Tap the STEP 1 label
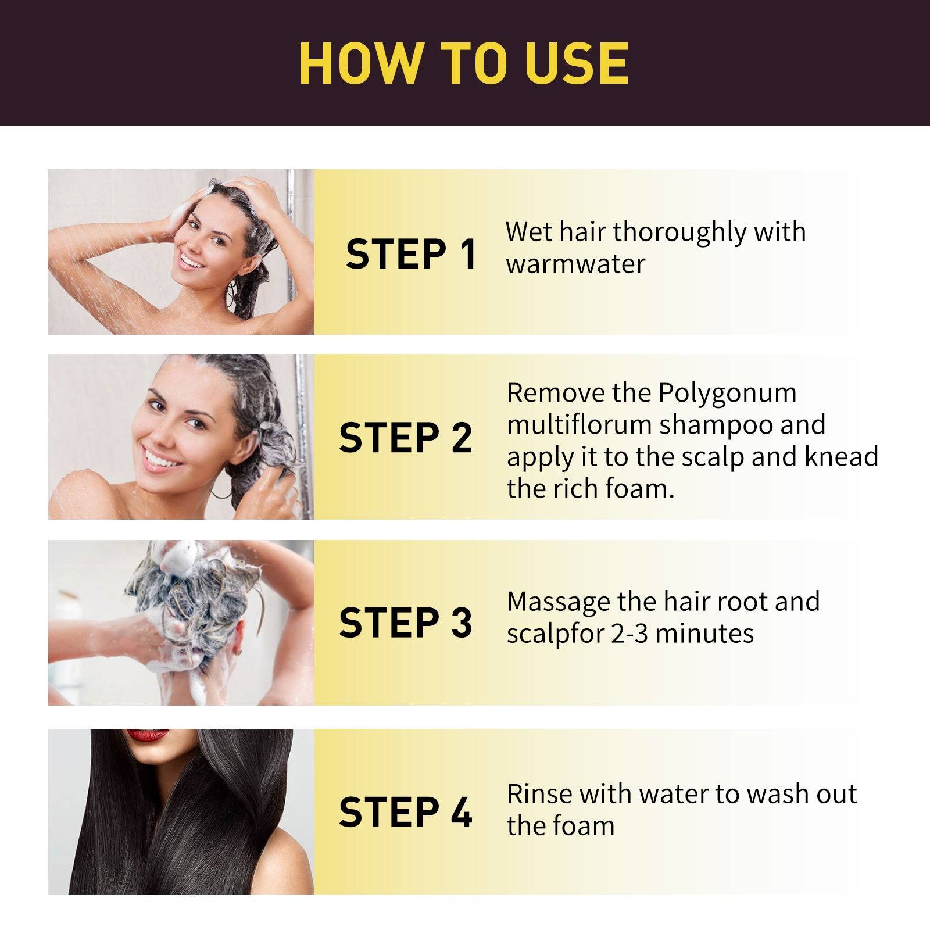click(x=411, y=254)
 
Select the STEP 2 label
click(x=405, y=438)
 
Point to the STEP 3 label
click(x=405, y=623)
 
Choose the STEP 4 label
click(x=405, y=812)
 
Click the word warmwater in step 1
click(x=575, y=264)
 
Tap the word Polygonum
click(x=727, y=393)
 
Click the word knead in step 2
click(x=841, y=457)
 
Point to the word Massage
click(x=559, y=602)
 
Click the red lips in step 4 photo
click(x=148, y=735)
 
